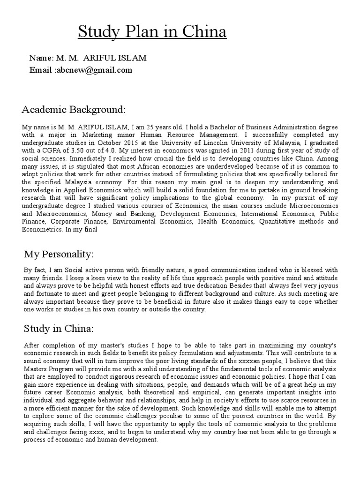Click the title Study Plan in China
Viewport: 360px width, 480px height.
pos(152,32)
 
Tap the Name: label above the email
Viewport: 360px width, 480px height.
pos(41,58)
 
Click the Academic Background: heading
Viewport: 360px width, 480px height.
pos(74,110)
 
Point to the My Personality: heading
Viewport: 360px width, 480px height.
pos(59,254)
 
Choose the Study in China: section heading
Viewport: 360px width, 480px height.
pos(59,327)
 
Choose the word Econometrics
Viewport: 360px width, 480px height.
pos(42,230)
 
